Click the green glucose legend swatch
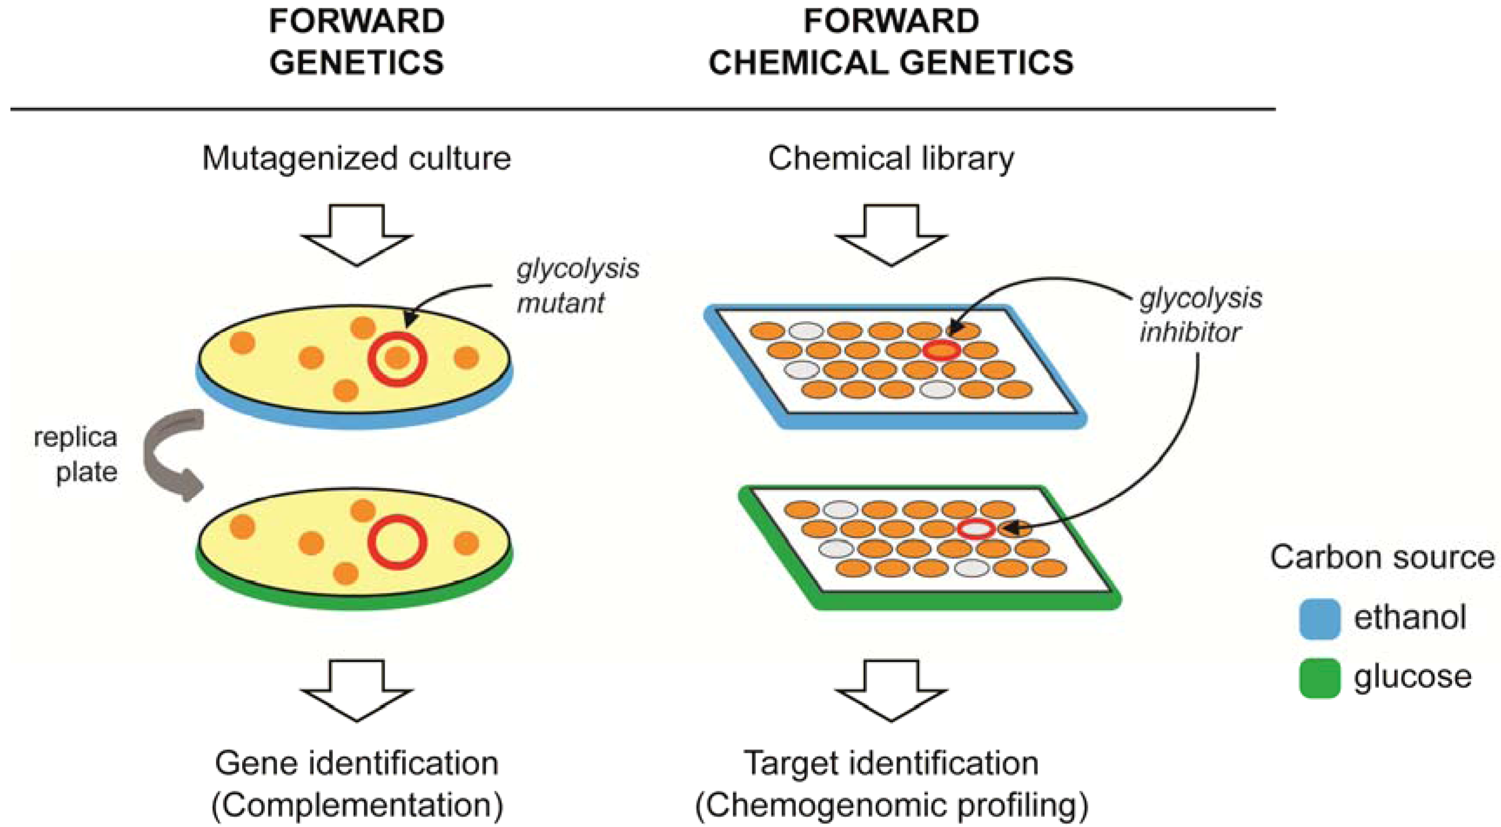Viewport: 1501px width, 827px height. tap(1320, 678)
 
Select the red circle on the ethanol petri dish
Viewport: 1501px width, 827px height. tap(397, 359)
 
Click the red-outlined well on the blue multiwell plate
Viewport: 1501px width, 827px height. tap(942, 350)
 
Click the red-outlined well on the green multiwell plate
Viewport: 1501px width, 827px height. tap(976, 529)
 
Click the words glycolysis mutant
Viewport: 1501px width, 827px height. tap(577, 286)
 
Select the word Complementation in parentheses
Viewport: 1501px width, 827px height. tap(357, 806)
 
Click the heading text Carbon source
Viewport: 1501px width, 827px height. tap(1382, 557)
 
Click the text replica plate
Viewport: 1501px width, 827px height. tap(76, 454)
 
